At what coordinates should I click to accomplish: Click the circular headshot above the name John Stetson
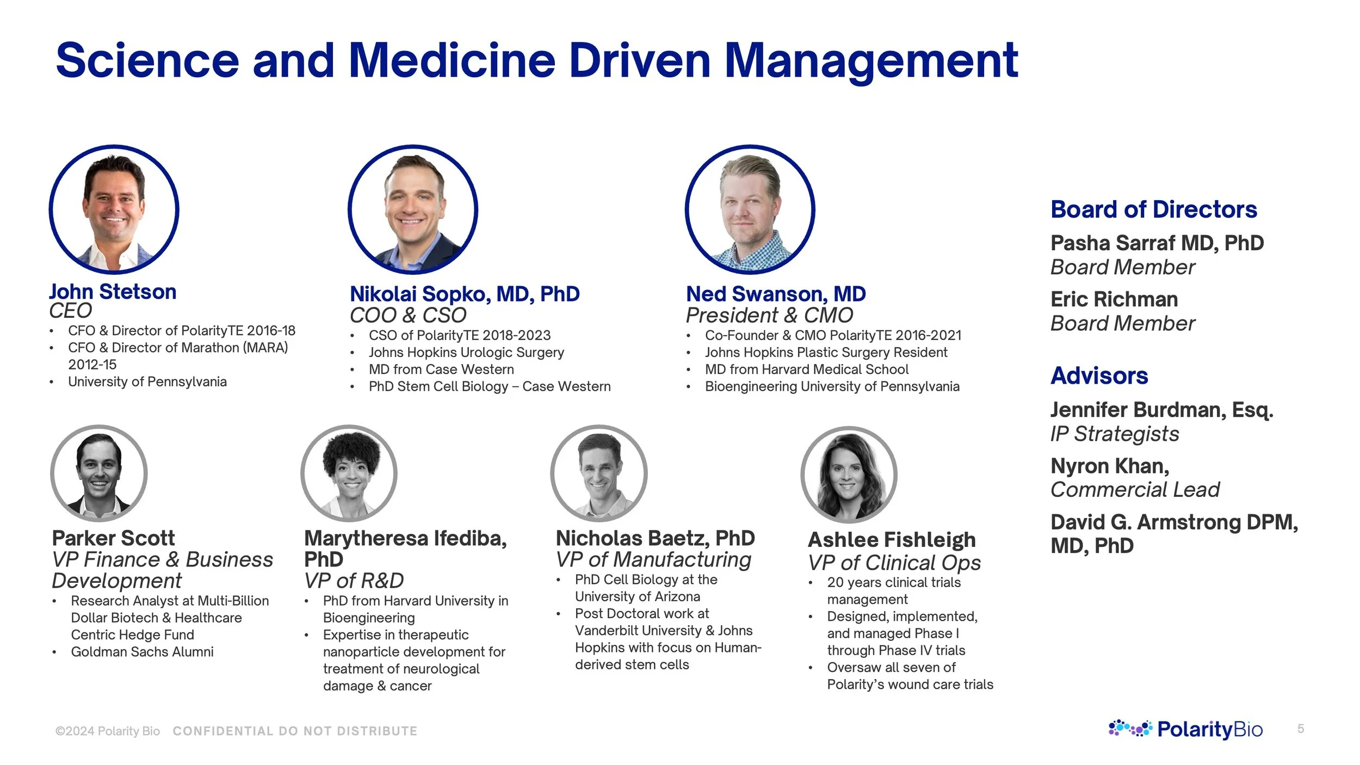114,209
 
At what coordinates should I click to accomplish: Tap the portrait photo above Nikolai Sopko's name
413,209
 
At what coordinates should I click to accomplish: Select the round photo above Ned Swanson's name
750,209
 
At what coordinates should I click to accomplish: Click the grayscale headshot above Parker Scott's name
98,473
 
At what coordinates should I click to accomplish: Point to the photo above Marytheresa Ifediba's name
349,473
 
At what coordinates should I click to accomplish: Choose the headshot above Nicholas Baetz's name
599,473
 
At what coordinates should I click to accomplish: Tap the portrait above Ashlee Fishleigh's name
849,474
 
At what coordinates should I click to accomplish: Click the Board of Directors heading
1153,209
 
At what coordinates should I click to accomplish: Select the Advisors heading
1099,375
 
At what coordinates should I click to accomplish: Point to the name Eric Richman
1114,299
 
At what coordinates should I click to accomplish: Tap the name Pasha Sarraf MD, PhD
1157,243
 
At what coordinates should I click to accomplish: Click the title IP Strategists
1115,434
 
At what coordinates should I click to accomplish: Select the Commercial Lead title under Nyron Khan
1135,490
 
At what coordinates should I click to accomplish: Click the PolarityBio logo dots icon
1130,728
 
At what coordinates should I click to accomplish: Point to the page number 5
1300,729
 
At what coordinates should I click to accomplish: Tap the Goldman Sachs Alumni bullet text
142,652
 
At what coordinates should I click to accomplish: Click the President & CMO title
769,315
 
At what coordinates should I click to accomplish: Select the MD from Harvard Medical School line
807,369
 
